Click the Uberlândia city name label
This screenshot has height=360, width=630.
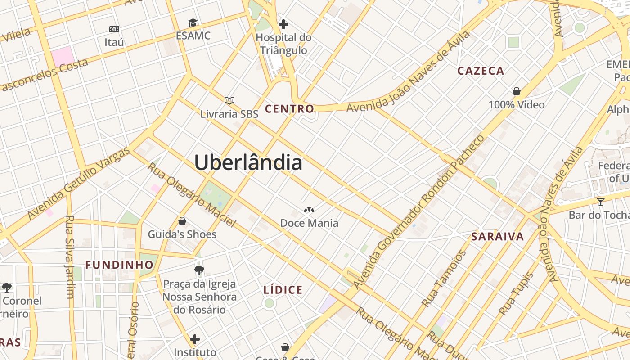(x=248, y=162)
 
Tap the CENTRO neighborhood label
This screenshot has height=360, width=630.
(x=289, y=109)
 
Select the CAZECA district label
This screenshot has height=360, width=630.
(x=481, y=71)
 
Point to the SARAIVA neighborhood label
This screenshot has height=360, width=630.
(x=497, y=237)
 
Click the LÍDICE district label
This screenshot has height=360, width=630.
(x=283, y=290)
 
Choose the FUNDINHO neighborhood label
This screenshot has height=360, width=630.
(x=120, y=265)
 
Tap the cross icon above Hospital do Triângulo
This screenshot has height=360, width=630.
(x=283, y=24)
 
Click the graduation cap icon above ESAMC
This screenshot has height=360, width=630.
(x=193, y=23)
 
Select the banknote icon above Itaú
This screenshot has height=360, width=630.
(x=114, y=29)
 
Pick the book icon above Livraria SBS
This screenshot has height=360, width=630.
(x=229, y=100)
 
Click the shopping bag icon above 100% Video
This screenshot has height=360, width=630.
(x=517, y=91)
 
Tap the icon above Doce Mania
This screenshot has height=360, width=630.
(x=309, y=209)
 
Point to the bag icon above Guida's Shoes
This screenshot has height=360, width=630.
(x=182, y=221)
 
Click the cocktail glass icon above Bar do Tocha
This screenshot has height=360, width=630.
(x=600, y=202)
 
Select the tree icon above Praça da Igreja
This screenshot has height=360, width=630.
(x=199, y=270)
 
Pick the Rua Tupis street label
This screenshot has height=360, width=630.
(x=516, y=294)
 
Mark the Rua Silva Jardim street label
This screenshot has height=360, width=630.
(x=70, y=256)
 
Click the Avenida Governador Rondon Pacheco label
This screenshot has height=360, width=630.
(x=419, y=211)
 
